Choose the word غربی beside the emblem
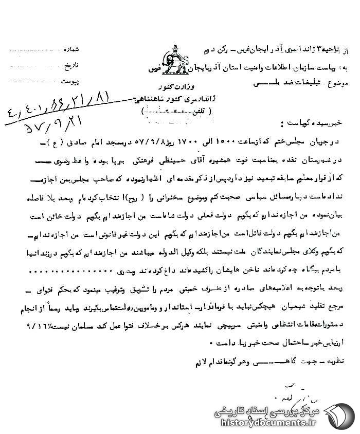[x=199, y=68]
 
